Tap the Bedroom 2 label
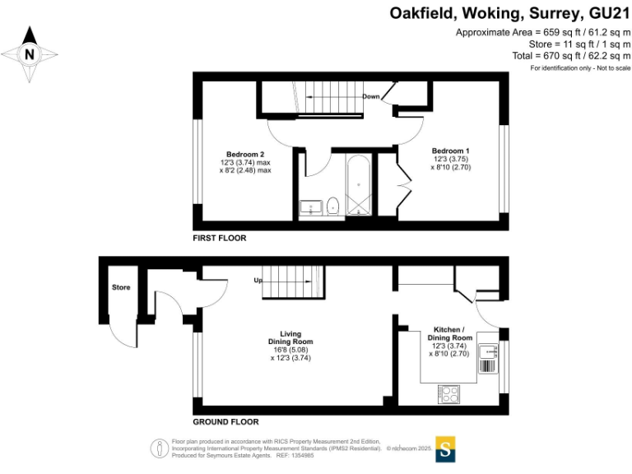[x=245, y=154]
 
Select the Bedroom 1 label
[x=450, y=151]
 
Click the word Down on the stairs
[x=371, y=96]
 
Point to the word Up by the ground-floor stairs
[x=257, y=281]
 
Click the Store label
[x=121, y=287]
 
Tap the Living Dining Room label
[x=290, y=334]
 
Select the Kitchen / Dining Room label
[x=450, y=333]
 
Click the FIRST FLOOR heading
[x=220, y=238]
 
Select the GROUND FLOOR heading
[x=225, y=421]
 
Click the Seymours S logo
[x=445, y=449]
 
